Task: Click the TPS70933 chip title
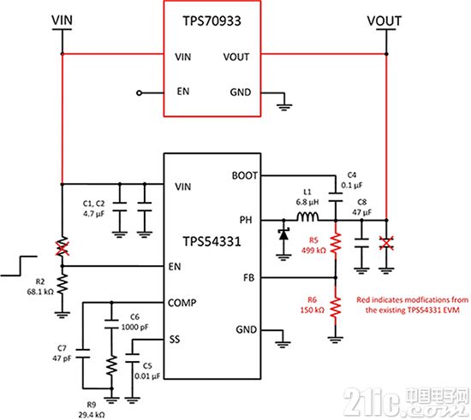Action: (212, 21)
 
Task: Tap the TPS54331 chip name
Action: (212, 241)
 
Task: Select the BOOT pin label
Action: (245, 175)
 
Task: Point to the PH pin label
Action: (246, 220)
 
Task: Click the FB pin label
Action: (248, 278)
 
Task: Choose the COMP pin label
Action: (182, 303)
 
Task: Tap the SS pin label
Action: (174, 340)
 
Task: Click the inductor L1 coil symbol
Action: (308, 216)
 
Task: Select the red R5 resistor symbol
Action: (336, 243)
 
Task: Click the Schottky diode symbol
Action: (283, 234)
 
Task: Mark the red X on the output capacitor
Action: (386, 243)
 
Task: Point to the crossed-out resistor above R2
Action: (63, 246)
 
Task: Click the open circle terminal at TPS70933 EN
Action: (139, 93)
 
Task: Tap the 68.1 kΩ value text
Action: (40, 292)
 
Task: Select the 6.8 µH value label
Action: (307, 202)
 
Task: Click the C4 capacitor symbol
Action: (336, 198)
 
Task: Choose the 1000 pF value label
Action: (134, 327)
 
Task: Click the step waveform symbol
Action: (19, 266)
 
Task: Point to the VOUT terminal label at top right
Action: (385, 21)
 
